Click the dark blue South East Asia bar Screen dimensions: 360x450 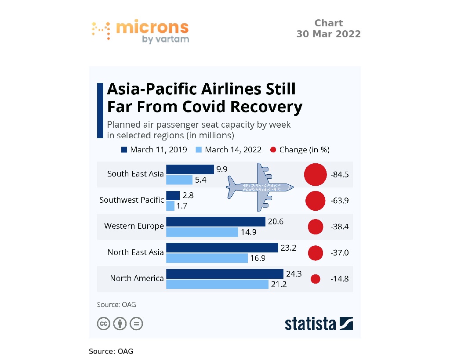click(190, 169)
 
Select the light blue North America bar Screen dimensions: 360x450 click(217, 284)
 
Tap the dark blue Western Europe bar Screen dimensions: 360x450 click(215, 221)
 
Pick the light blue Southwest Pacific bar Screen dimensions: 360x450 click(170, 205)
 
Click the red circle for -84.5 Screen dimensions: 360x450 click(316, 174)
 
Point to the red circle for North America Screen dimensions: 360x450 click(315, 279)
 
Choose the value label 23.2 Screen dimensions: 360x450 click(288, 248)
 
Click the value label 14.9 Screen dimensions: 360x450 click(248, 232)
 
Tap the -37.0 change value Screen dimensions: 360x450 click(339, 253)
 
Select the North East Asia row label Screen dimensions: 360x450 click(135, 252)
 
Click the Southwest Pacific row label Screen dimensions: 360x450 click(131, 200)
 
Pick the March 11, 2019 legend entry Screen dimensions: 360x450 click(154, 150)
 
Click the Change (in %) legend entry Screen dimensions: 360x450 click(300, 150)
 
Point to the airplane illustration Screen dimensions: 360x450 click(259, 187)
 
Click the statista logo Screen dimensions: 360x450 click(319, 324)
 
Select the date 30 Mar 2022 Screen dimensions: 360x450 click(328, 34)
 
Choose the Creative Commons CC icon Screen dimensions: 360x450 click(103, 324)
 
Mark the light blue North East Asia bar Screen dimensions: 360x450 click(207, 258)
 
